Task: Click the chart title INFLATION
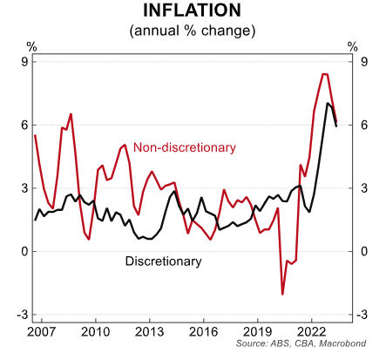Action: [x=192, y=11]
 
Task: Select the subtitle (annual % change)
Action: [x=192, y=31]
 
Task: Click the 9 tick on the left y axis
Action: [x=24, y=62]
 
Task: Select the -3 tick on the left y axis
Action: [x=22, y=315]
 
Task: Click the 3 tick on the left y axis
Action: [x=24, y=188]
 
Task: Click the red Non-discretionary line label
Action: [x=184, y=147]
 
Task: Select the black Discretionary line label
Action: [x=164, y=261]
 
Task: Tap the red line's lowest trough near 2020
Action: [x=282, y=294]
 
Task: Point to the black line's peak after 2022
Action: [x=328, y=104]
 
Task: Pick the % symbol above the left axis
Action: [x=32, y=46]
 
